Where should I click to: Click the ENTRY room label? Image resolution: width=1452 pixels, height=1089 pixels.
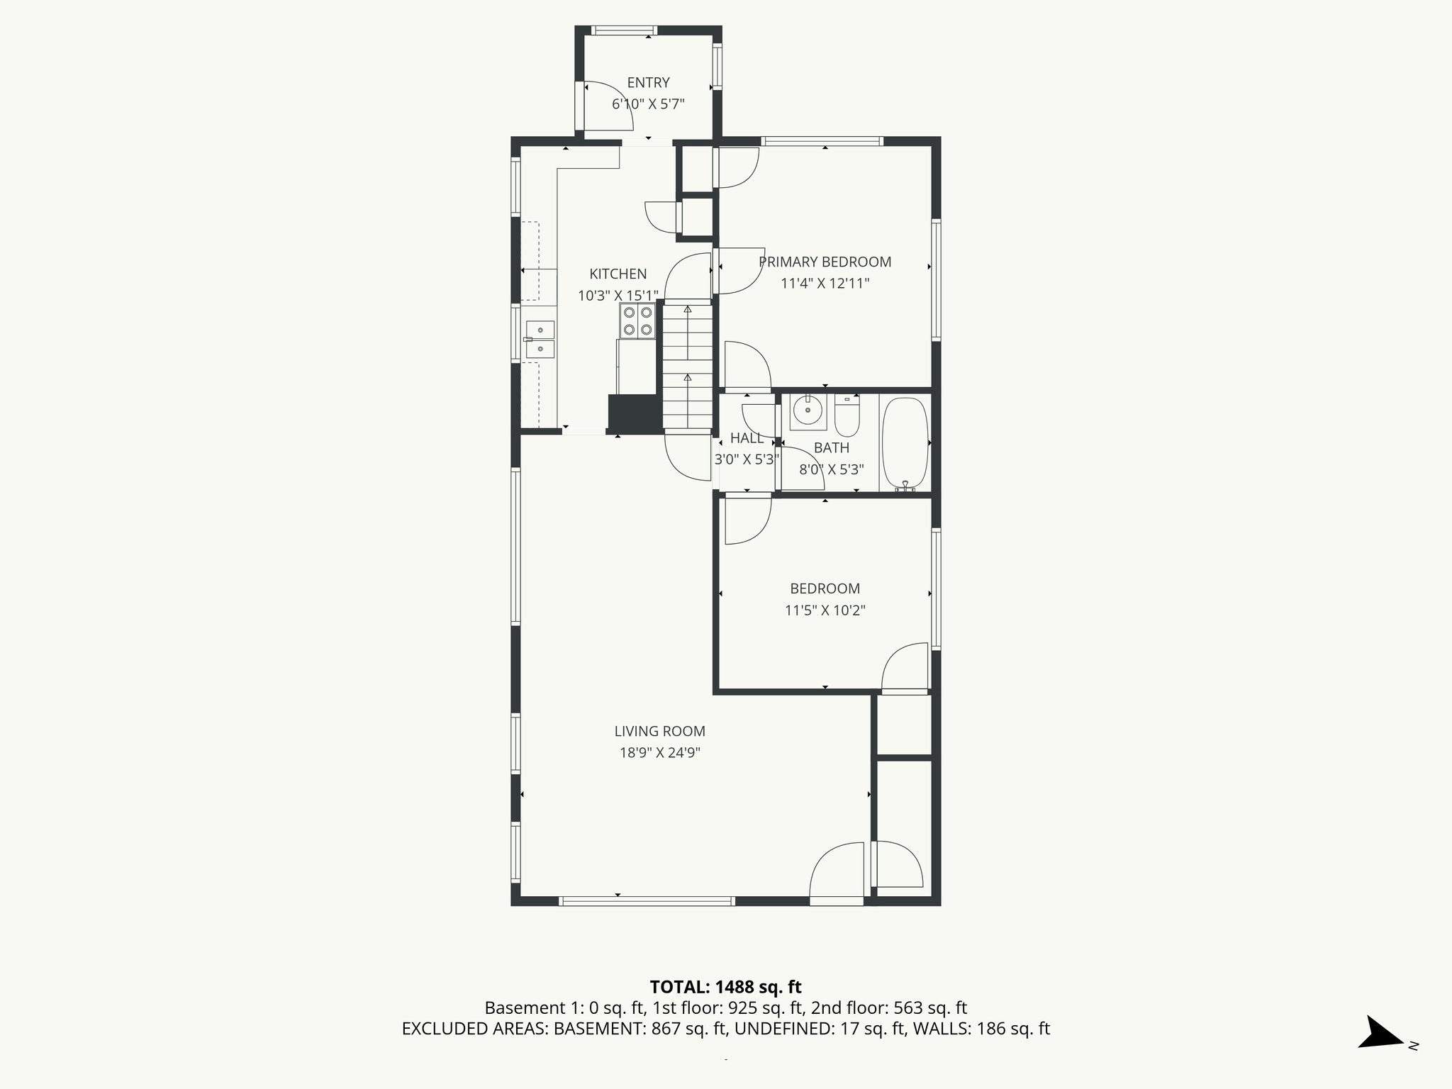tap(648, 83)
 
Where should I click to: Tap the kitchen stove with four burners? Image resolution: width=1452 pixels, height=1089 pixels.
tap(637, 320)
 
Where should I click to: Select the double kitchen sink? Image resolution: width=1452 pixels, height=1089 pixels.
tap(540, 339)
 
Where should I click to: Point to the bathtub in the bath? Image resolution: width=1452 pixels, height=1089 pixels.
tap(905, 442)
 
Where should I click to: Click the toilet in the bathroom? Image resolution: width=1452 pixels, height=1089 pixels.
tap(847, 417)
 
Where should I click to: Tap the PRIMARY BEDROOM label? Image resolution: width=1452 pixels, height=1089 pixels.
tap(825, 262)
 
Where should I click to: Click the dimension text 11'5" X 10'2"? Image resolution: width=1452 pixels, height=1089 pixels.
tap(825, 610)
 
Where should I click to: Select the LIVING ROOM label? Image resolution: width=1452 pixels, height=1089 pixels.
tap(659, 731)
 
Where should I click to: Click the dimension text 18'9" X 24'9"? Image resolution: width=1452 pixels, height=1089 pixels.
tap(659, 753)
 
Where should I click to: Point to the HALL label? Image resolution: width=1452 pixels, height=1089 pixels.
tap(747, 437)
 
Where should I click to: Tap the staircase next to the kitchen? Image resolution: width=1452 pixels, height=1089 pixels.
tap(687, 367)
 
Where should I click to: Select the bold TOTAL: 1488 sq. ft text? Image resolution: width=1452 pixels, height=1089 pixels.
tap(725, 987)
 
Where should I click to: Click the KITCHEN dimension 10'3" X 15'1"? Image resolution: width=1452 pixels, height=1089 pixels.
tap(618, 296)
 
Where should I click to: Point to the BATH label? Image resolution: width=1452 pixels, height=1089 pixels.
tap(831, 447)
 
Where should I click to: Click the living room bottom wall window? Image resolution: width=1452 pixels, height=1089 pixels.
tap(646, 901)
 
